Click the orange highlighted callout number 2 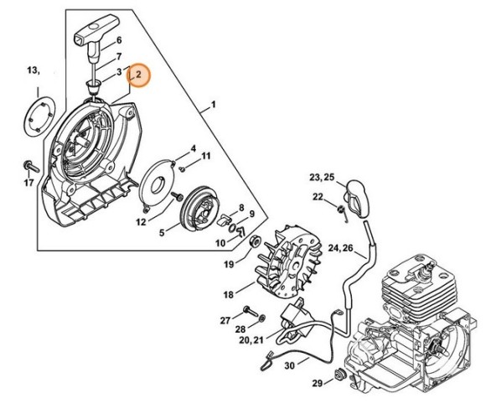tap(139, 75)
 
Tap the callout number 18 tap(227, 294)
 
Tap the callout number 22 tap(318, 196)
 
